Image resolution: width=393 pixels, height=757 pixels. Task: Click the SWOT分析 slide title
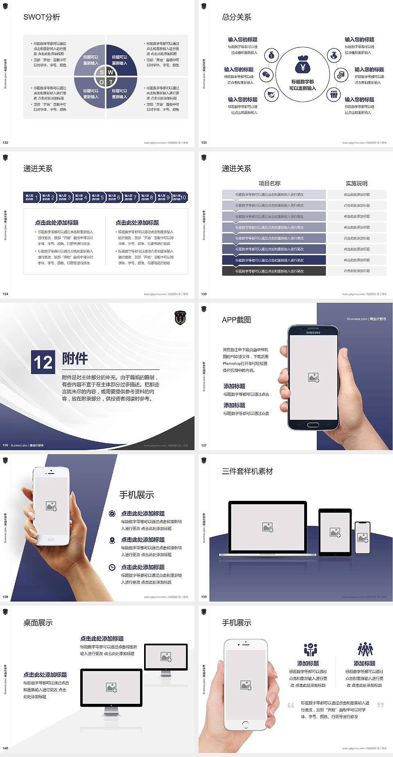(42, 17)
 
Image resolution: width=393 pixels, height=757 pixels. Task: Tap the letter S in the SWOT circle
(102, 72)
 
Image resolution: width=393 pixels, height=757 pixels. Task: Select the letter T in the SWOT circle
(111, 82)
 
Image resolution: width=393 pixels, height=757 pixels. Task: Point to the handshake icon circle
(271, 95)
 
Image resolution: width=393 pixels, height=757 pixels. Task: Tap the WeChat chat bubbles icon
(267, 74)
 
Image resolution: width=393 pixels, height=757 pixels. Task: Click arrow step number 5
(102, 198)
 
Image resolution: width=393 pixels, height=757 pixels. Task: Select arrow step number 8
(151, 198)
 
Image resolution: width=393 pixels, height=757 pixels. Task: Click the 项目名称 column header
(269, 183)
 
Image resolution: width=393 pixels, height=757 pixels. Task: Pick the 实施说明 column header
(357, 183)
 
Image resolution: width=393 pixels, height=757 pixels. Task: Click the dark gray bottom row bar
(274, 271)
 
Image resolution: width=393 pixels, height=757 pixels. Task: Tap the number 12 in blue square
(43, 362)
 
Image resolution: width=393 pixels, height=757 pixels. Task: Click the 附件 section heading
(75, 358)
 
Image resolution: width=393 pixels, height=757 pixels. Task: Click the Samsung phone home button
(313, 425)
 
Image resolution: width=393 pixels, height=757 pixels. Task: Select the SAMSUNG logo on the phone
(313, 333)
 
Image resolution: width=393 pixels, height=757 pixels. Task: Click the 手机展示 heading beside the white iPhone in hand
(137, 495)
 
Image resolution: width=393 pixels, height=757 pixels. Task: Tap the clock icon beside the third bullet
(112, 567)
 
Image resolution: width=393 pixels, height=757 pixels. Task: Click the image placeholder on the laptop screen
(268, 527)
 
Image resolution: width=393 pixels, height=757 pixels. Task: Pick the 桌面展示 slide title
(38, 623)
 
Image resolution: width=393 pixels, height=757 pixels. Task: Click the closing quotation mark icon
(380, 705)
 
